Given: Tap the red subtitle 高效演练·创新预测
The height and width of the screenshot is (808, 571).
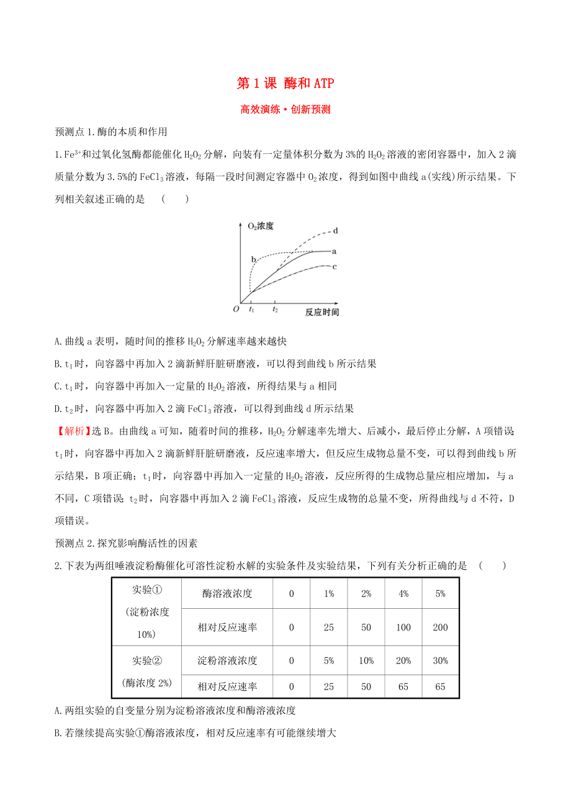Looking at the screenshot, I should (285, 110).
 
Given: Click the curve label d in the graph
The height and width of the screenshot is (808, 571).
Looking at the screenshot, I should (335, 231).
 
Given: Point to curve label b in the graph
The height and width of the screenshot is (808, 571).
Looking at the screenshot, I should (253, 259).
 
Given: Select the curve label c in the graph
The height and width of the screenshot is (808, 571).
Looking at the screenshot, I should (334, 267).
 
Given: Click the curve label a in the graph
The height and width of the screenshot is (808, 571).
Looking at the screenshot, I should (334, 251).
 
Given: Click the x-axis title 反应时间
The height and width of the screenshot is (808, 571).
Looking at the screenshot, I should (322, 312).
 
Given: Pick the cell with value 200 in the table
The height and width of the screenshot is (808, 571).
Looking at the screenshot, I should (440, 627).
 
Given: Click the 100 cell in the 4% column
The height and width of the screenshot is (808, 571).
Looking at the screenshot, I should (403, 627).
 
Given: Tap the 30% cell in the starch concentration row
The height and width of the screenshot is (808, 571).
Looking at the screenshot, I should (440, 660).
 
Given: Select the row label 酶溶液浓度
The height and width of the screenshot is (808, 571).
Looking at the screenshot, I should (227, 593).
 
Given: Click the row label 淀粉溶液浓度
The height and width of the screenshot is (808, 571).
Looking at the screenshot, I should (227, 660).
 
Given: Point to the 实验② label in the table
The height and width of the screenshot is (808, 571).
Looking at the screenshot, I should (146, 660).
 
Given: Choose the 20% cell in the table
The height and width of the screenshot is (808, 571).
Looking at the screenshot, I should (403, 660).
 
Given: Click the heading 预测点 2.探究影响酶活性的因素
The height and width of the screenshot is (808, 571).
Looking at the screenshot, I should (127, 543).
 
